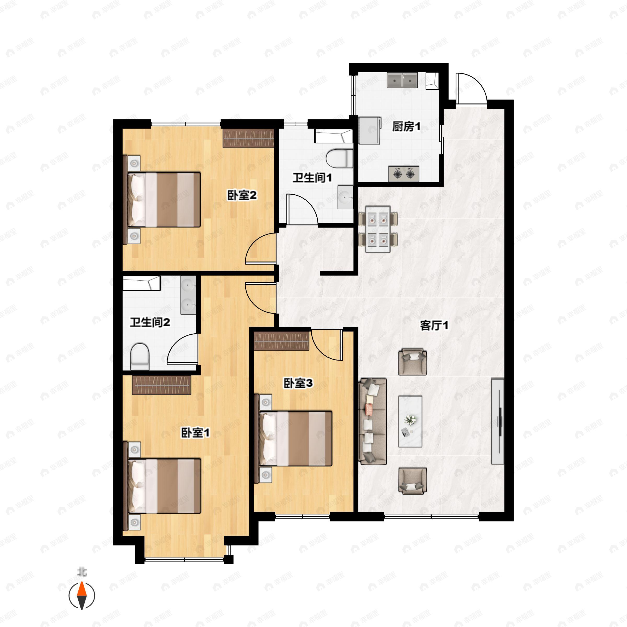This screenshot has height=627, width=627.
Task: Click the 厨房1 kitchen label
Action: click(x=406, y=126)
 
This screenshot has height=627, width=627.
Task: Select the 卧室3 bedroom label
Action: click(x=298, y=383)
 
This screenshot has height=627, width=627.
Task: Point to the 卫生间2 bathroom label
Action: click(x=150, y=322)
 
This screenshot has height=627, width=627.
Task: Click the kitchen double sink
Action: click(x=402, y=80)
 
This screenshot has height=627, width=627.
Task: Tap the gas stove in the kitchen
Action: click(x=404, y=174)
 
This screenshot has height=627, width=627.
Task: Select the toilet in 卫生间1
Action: click(x=339, y=158)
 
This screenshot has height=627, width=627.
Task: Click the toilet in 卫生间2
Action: click(x=140, y=357)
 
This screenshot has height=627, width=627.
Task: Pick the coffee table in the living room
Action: click(x=410, y=421)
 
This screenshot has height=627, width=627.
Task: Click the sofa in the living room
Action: click(x=373, y=421)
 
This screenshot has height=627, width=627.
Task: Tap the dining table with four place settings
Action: click(x=378, y=229)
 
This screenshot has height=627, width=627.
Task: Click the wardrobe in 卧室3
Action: click(x=281, y=341)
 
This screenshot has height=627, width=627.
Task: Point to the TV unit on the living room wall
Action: click(x=497, y=421)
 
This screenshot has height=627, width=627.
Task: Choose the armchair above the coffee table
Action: click(x=413, y=362)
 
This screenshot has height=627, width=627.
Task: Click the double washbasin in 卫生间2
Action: click(x=188, y=295)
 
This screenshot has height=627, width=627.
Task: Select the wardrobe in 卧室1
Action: click(x=161, y=385)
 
